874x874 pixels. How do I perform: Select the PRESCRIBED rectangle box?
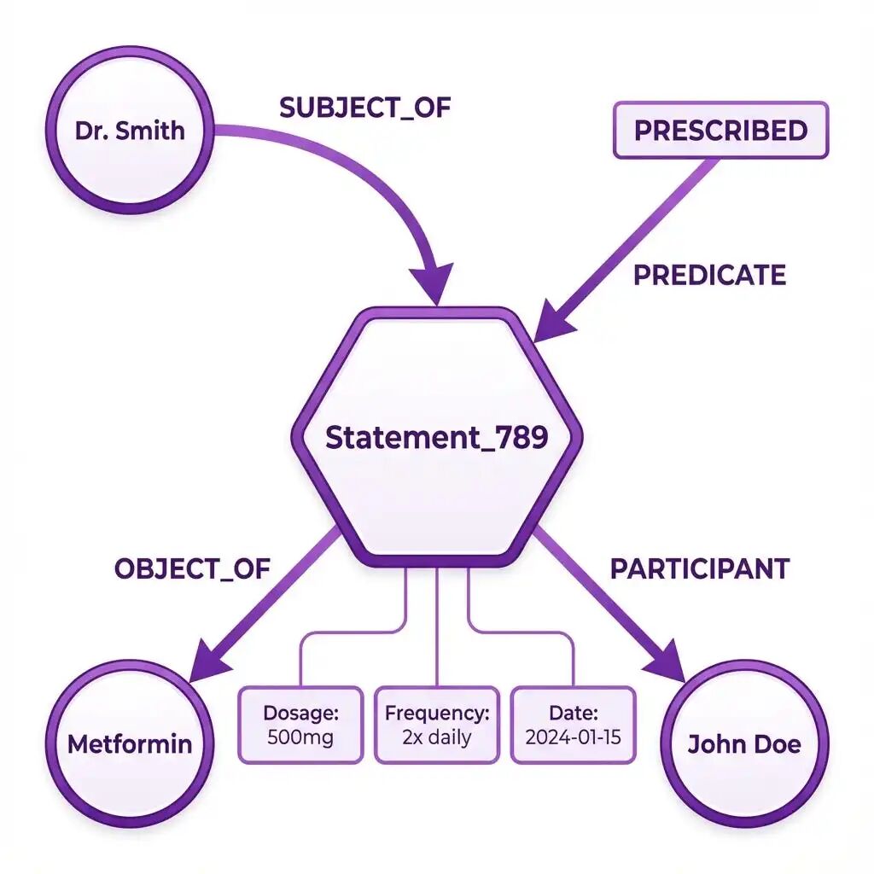click(720, 131)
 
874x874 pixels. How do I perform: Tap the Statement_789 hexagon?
click(436, 437)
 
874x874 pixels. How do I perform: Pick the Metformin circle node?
click(130, 743)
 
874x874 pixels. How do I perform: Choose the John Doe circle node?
click(744, 743)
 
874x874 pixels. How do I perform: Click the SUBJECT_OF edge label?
click(364, 108)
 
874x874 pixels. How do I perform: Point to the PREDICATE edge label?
click(709, 275)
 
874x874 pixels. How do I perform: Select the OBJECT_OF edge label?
click(192, 568)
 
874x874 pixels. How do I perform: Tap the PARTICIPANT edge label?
click(700, 568)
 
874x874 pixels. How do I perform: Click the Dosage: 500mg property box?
click(300, 725)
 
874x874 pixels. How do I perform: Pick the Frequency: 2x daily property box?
click(437, 725)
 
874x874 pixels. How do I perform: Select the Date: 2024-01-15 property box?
click(574, 725)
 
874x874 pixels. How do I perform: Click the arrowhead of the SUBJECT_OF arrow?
click(434, 282)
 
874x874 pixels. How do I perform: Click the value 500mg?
click(300, 737)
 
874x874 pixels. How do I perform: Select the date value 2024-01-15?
click(574, 737)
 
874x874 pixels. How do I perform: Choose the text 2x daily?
click(437, 737)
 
